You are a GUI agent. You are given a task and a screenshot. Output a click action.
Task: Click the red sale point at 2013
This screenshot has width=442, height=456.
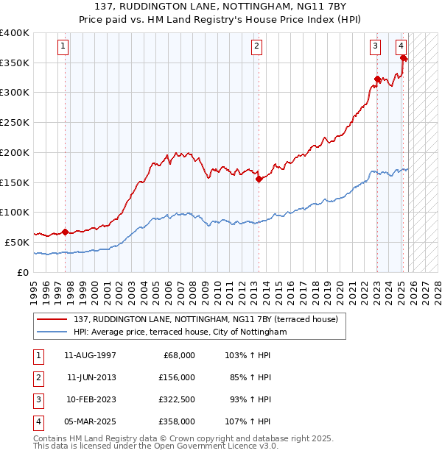click(259, 178)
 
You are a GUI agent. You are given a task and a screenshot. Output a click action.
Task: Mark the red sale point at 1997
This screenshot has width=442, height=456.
click(65, 232)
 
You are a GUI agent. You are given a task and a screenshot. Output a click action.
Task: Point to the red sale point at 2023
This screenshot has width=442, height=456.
click(377, 79)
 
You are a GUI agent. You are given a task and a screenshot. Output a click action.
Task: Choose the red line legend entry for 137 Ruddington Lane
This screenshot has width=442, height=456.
click(206, 319)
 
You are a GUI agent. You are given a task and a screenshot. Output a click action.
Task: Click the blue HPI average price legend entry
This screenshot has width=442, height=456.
click(180, 332)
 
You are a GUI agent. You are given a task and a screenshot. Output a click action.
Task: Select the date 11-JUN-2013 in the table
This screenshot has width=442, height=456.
click(91, 377)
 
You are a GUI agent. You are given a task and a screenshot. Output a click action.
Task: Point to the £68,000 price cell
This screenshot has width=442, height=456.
click(178, 355)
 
